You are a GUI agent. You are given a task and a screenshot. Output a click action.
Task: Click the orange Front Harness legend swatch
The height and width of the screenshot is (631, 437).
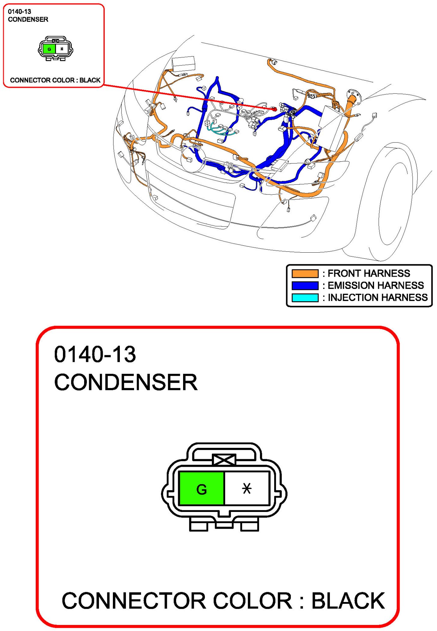305,273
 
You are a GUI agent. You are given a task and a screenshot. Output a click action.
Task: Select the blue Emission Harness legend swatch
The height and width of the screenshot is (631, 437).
305,285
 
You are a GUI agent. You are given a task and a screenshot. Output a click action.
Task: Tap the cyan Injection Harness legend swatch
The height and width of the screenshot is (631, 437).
305,298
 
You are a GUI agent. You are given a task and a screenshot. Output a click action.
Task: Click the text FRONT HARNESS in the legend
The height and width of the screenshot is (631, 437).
369,273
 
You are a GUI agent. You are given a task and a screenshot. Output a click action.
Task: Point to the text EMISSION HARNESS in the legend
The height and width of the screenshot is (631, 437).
376,285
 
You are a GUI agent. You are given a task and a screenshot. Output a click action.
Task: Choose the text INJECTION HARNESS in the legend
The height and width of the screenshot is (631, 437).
378,297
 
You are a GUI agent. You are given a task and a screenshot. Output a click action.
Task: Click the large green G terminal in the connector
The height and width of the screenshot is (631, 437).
201,488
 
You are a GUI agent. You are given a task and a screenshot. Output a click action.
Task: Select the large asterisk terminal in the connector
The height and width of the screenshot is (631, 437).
247,488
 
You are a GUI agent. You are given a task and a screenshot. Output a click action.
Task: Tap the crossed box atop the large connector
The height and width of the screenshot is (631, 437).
224,460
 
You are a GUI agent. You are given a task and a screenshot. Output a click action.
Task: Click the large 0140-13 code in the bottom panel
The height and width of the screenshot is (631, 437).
95,354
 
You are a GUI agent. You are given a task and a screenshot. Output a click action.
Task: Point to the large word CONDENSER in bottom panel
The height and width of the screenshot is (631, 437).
126,382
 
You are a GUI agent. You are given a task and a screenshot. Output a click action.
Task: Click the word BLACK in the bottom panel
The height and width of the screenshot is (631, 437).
348,601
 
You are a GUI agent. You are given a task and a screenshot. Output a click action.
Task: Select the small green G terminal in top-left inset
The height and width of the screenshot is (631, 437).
49,49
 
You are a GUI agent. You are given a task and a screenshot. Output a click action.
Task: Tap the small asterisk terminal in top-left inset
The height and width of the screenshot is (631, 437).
62,49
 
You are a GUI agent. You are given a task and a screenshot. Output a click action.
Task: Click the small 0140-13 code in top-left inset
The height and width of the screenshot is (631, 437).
20,12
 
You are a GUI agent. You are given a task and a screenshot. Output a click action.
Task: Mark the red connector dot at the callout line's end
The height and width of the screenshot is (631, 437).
274,109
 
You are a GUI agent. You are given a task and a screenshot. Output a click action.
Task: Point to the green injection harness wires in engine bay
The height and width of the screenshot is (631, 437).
221,129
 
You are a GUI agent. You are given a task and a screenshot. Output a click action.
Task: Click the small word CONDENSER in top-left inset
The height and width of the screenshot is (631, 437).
28,20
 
